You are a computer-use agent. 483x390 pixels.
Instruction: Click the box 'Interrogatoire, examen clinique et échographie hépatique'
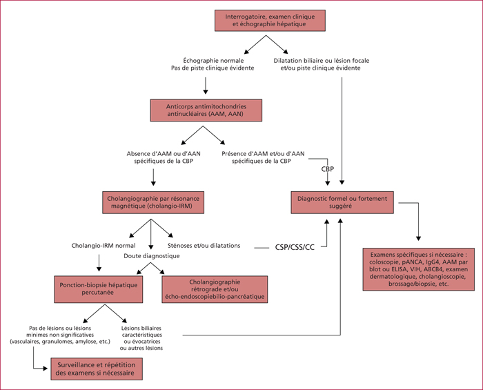[x=270, y=20]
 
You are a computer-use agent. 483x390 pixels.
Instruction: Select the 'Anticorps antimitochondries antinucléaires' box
[x=206, y=110]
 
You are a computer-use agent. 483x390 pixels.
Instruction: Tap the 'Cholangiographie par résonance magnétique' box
[x=153, y=202]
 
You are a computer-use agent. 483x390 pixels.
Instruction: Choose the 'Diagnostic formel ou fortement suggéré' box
[x=342, y=202]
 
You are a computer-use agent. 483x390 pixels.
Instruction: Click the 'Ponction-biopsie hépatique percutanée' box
[x=99, y=289]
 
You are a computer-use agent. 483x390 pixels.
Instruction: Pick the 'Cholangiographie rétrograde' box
[x=215, y=289]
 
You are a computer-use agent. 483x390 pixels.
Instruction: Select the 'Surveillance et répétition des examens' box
[x=97, y=369]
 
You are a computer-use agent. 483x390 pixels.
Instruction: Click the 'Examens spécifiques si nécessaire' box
[x=419, y=269]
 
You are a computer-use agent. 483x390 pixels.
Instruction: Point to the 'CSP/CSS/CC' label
[x=295, y=248]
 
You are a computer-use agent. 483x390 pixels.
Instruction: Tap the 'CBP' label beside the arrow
[x=328, y=169]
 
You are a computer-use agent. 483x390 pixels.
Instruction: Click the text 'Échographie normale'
[x=213, y=61]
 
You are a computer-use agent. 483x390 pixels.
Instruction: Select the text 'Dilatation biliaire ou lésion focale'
[x=322, y=61]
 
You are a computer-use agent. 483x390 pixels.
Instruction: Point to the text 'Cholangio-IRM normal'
[x=103, y=246]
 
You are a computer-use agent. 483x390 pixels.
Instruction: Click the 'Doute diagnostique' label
[x=152, y=255]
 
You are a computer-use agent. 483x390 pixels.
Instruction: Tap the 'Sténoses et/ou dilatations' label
[x=204, y=246]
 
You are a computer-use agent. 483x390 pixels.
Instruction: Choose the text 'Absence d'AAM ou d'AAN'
[x=164, y=153]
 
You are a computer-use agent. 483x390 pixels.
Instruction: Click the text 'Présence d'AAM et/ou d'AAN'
[x=263, y=153]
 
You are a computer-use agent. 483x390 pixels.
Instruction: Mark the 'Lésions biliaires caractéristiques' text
[x=141, y=331]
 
